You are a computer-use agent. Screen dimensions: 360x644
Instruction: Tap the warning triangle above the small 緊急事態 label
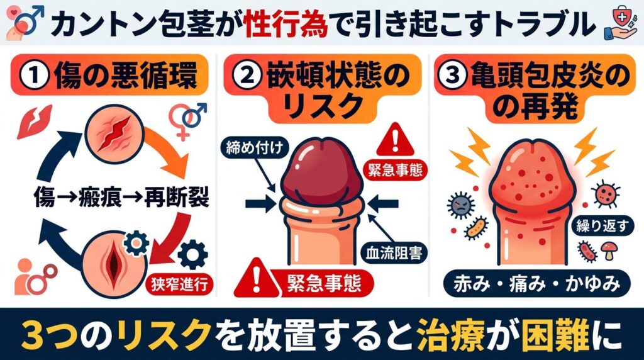[x=394, y=137]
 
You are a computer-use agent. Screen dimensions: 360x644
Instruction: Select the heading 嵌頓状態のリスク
[x=322, y=89]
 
